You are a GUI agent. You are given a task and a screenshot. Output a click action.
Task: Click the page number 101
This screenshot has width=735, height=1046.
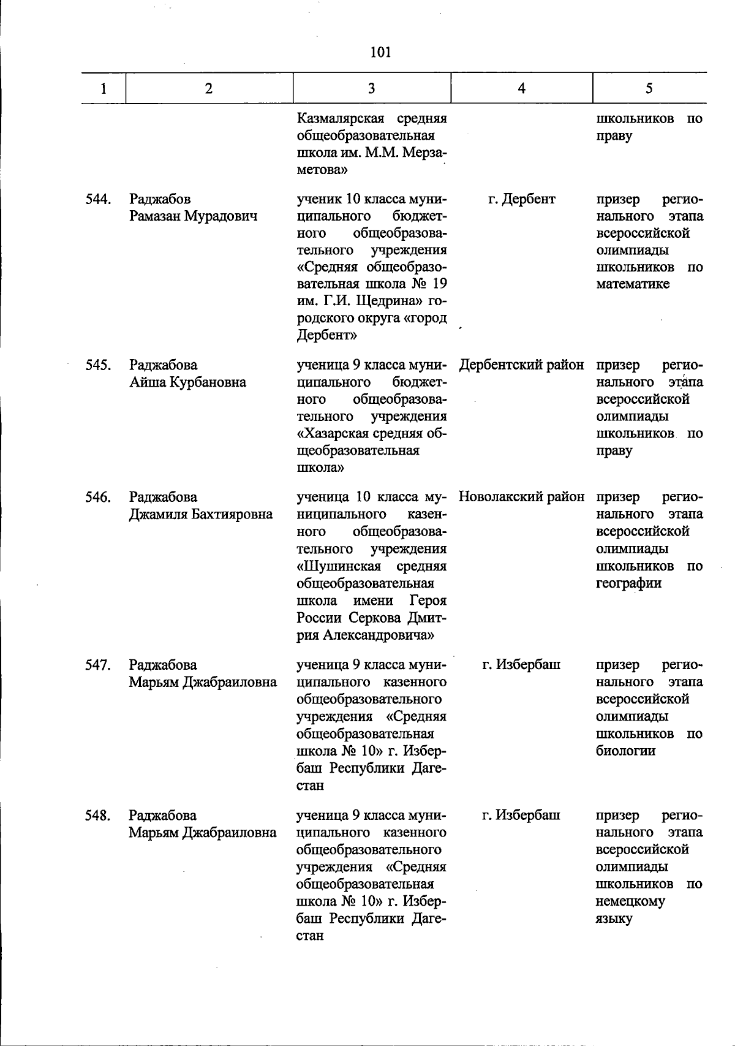[x=380, y=52]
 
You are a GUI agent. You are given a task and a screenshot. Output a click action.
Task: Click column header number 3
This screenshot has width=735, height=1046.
[x=371, y=88]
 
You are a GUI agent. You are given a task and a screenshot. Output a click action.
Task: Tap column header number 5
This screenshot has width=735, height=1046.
[x=649, y=88]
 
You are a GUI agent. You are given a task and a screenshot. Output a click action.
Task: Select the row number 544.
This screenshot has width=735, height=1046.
[x=97, y=199]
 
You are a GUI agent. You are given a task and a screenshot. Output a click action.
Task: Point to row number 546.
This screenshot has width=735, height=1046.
[x=97, y=497]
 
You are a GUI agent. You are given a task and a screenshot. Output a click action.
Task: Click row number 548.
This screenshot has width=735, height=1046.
[x=97, y=816]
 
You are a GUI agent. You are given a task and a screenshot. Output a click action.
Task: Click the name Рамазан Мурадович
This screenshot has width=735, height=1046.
[x=193, y=216]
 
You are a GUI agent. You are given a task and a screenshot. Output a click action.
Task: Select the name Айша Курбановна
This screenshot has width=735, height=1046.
[x=187, y=382]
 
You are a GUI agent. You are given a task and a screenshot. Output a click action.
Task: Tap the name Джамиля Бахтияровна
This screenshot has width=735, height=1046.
[x=200, y=514]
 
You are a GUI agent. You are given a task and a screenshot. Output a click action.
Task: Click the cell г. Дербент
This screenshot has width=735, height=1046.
[x=521, y=199]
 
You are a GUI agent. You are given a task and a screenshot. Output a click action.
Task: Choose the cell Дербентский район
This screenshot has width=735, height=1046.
[x=521, y=365]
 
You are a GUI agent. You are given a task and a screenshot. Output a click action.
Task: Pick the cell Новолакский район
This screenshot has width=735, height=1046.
[x=521, y=497]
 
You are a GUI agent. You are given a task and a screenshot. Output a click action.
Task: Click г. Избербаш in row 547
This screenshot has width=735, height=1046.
[x=521, y=665]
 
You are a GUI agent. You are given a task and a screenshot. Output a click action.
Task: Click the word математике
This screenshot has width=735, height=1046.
[x=633, y=284]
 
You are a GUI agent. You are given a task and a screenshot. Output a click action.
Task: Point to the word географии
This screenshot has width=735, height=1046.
[x=628, y=583]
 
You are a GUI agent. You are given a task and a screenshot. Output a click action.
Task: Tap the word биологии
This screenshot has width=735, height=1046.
[x=625, y=751]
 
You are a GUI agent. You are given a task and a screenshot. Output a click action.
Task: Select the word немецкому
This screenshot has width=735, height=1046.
[x=630, y=901]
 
